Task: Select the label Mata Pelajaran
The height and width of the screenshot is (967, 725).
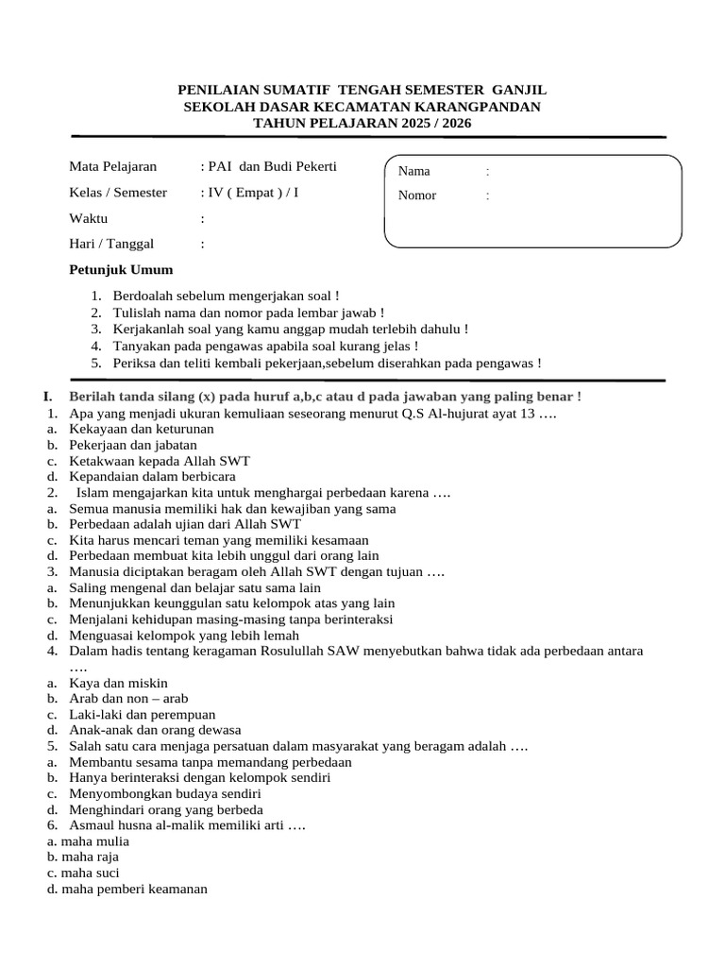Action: pyautogui.click(x=113, y=167)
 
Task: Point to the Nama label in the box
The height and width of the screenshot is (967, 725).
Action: pyautogui.click(x=414, y=171)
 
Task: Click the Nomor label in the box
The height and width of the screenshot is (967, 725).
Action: pyautogui.click(x=417, y=196)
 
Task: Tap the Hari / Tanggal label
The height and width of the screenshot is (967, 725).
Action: pyautogui.click(x=111, y=244)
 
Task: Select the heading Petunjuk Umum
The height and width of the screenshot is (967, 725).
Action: pyautogui.click(x=122, y=270)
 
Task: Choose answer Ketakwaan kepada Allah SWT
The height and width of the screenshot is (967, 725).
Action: pyautogui.click(x=160, y=461)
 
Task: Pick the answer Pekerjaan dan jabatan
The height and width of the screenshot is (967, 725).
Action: pyautogui.click(x=133, y=445)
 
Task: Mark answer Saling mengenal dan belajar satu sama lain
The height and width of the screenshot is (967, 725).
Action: pyautogui.click(x=195, y=587)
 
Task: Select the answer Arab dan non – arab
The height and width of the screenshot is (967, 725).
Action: pyautogui.click(x=129, y=698)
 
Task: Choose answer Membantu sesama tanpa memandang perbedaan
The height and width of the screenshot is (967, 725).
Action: pyautogui.click(x=211, y=762)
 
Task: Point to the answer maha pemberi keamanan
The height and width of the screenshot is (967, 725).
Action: pyautogui.click(x=134, y=889)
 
